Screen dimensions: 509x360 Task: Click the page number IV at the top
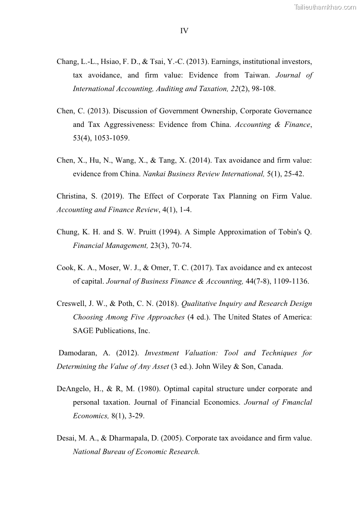[x=184, y=31]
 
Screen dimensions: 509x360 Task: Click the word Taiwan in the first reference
[x=258, y=75]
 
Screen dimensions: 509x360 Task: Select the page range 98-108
[x=262, y=89]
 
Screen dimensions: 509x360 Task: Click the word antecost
[x=297, y=268]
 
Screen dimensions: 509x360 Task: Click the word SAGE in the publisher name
[x=83, y=330]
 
